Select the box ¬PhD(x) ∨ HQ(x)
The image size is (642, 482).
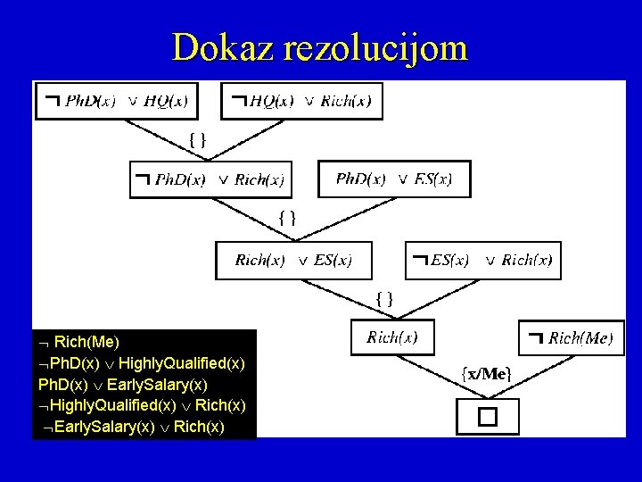pos(116,101)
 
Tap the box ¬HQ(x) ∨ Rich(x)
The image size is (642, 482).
pos(301,101)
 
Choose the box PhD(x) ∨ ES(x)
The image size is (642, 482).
pos(393,179)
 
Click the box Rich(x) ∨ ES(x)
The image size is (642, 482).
pos(293,261)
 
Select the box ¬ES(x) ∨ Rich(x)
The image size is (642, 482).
pos(483,261)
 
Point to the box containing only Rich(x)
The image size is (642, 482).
pos(392,337)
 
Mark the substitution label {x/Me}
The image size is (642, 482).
pos(485,373)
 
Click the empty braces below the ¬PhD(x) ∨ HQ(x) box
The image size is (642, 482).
pos(199,138)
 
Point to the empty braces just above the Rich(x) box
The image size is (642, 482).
pos(384,298)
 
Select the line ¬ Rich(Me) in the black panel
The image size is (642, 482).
pos(80,342)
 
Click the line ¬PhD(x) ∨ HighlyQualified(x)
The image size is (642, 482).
pos(141,363)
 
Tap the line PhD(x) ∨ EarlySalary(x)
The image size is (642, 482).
pos(123,385)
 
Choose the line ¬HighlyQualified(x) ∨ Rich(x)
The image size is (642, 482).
pos(142,406)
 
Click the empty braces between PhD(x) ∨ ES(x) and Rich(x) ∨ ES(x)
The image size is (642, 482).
pos(288,217)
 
